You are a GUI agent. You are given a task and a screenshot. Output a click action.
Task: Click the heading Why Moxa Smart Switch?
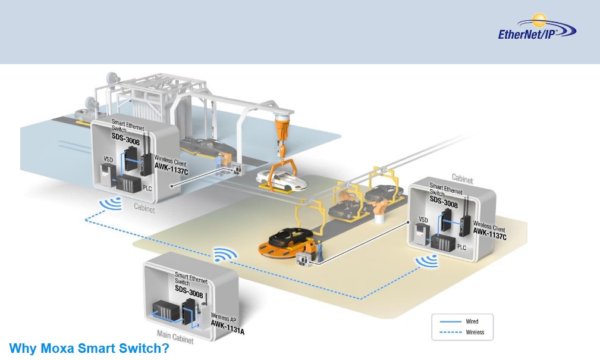[x=89, y=349]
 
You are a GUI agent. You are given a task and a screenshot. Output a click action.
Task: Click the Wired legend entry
[x=472, y=322]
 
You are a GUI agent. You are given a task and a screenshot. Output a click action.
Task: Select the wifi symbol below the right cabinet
[x=427, y=260]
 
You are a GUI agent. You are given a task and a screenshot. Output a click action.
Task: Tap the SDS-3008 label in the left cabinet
[x=125, y=136]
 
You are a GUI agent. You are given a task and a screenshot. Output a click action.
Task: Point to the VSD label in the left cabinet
[x=108, y=159]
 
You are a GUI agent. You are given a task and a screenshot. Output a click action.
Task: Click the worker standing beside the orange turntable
[x=319, y=250]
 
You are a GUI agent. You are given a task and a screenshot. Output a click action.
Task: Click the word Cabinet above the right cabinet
[x=462, y=177]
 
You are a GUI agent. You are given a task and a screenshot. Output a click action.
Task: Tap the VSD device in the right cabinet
[x=422, y=234]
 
